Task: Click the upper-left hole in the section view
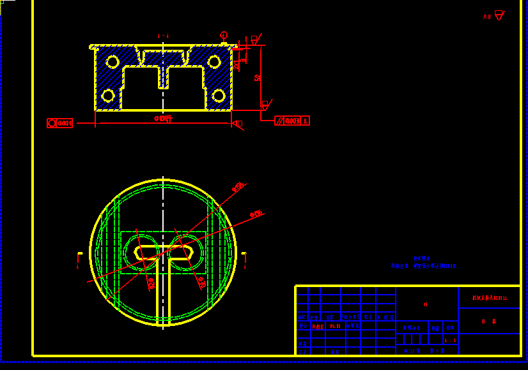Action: pos(113,62)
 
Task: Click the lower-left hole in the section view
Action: pos(108,96)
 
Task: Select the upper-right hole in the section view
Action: pos(214,62)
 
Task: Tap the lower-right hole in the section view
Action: pos(219,96)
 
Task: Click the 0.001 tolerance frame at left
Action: pos(60,123)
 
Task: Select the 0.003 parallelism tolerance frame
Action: pos(292,121)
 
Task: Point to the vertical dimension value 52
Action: pos(257,78)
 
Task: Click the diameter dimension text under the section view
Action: pos(164,119)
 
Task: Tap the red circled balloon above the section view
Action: pos(224,35)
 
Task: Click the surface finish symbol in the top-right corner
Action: pos(499,16)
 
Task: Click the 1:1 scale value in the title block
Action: pos(450,341)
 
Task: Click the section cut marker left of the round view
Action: pos(79,257)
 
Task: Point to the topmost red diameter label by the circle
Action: pos(238,187)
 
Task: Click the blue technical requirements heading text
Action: pos(417,258)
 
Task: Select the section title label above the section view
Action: pos(164,36)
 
